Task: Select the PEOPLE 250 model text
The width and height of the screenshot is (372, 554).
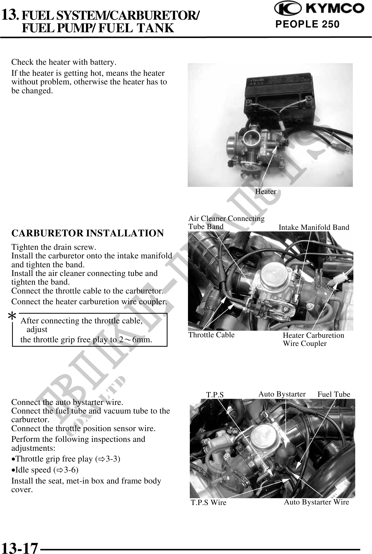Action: coord(308,24)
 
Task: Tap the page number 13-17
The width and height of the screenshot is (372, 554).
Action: coord(20,547)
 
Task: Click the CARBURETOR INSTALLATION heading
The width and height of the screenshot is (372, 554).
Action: coord(88,233)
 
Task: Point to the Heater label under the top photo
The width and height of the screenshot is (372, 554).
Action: coord(266,192)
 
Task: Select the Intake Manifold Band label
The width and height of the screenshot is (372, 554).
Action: coord(314,227)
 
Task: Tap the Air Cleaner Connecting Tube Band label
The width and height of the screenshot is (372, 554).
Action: coord(227,222)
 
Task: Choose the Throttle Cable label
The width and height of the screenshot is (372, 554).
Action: coord(212,335)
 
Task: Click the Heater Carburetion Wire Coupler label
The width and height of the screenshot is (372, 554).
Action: coord(314,339)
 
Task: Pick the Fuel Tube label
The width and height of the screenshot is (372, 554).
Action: coord(334,394)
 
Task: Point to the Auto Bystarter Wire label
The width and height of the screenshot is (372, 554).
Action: coord(317,502)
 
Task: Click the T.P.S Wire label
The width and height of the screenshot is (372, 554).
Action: coord(208,502)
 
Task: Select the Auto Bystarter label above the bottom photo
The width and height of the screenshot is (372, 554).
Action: coord(282,394)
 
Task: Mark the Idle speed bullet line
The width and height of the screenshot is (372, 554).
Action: coord(45,470)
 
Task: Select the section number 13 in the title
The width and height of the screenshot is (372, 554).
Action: coord(10,15)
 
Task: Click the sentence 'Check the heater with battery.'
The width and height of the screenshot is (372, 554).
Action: coord(64,63)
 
